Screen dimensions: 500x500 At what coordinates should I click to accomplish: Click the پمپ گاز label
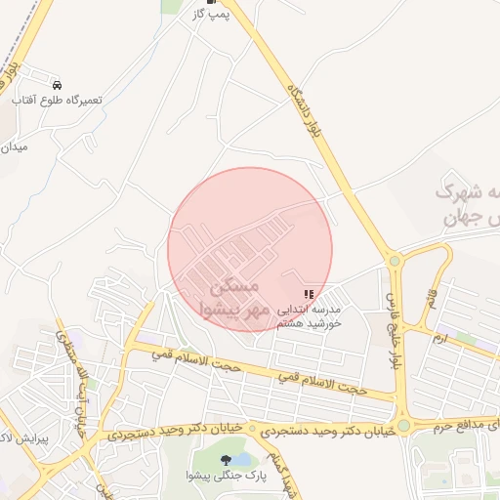(x=212, y=16)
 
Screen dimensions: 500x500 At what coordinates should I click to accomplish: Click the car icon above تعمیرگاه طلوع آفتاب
(x=57, y=85)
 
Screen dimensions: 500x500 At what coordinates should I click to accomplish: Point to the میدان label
(x=16, y=147)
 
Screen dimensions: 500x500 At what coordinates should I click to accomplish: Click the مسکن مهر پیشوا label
(x=234, y=299)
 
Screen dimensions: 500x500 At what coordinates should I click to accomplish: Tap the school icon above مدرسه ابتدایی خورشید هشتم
(x=310, y=294)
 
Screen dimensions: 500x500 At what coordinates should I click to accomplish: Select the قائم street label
(x=431, y=294)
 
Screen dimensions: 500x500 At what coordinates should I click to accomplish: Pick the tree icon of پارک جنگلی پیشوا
(x=227, y=459)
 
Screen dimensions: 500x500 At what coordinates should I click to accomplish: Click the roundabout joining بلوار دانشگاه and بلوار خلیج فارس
(x=395, y=261)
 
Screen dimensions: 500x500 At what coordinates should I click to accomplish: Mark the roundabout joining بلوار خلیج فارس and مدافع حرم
(x=403, y=427)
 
